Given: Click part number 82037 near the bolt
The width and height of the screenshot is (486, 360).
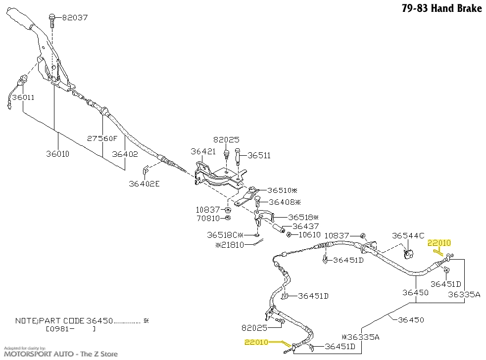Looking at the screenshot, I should point(75,18).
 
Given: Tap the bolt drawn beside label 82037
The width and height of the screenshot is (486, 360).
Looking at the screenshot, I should point(52,20).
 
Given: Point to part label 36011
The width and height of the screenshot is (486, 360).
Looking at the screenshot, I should point(23,97).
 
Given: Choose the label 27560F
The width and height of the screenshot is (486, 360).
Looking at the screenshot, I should point(103,139).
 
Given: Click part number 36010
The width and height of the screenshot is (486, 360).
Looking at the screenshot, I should point(57,154).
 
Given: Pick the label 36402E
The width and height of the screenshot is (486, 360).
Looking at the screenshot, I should point(145,184).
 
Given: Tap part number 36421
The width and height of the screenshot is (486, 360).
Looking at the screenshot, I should point(203,151).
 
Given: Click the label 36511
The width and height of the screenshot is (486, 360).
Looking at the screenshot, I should point(259,155).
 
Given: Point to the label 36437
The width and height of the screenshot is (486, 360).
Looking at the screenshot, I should point(305,226).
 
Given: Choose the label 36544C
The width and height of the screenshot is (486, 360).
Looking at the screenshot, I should point(408,236).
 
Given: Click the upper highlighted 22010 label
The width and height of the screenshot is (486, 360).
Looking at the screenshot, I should point(439,243).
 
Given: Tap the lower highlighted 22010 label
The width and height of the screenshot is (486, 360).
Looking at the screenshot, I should point(256,342).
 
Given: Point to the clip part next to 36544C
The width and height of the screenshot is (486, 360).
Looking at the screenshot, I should point(408,254).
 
